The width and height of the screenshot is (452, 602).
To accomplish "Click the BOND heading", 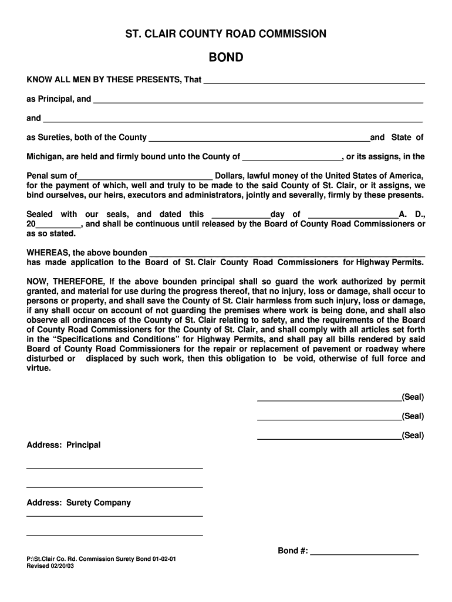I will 226,58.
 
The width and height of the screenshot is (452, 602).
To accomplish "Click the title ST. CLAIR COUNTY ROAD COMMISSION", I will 226,34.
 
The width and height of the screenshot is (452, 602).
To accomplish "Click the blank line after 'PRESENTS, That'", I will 313,81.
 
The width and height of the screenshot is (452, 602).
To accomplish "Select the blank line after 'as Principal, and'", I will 258,101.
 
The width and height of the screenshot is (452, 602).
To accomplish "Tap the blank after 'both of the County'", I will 259,139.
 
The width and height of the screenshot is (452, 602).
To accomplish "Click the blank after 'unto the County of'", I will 292,158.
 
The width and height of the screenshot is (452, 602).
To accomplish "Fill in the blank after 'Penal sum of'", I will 145,177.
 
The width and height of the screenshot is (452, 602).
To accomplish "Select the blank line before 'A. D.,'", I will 353,216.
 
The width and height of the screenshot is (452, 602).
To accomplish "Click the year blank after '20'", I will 58,225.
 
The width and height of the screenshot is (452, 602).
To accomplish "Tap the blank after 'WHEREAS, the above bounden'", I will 287,254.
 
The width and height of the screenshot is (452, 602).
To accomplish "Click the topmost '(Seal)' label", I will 413,397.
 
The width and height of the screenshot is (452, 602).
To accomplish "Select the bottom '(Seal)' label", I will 413,435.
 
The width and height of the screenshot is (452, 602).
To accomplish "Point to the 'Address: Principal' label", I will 63,445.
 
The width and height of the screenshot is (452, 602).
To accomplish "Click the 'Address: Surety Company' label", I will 79,503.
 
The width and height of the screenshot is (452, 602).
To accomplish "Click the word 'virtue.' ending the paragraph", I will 39,368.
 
